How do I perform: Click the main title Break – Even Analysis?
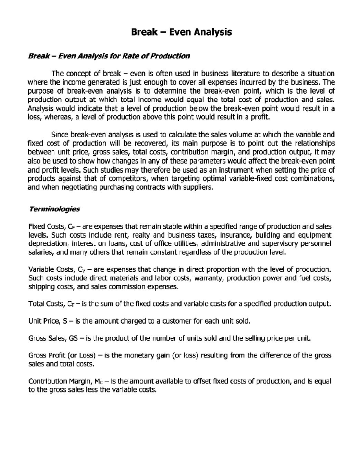[181, 32]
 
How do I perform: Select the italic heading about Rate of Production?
[109, 56]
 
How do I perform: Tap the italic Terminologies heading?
[54, 209]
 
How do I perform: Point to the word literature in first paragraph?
[245, 74]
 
